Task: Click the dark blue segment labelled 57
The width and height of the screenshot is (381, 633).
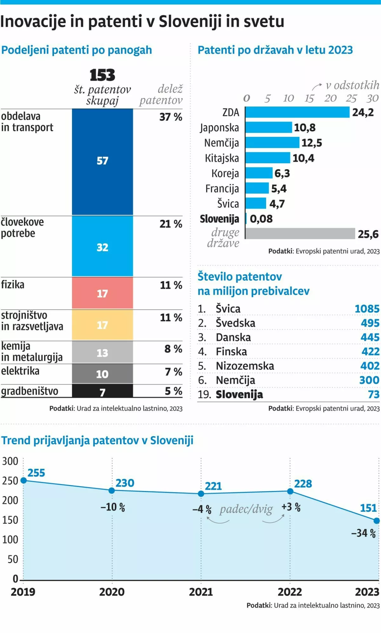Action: [x=102, y=161]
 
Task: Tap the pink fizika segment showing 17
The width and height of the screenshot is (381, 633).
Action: [x=102, y=293]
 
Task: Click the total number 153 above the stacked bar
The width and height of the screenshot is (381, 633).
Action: [x=102, y=75]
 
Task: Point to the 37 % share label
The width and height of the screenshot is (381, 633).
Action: [x=171, y=117]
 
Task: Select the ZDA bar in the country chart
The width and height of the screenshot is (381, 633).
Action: [x=297, y=112]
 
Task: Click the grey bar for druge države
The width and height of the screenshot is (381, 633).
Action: [x=300, y=233]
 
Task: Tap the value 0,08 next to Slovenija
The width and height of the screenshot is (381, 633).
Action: [x=261, y=219]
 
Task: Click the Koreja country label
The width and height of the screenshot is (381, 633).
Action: [x=225, y=173]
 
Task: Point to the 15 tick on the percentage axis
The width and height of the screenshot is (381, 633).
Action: [x=309, y=98]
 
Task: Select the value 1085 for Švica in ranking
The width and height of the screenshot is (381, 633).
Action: [x=367, y=309]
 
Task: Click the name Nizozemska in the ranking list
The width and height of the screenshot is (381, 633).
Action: [x=245, y=366]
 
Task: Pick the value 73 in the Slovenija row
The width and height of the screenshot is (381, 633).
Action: [x=374, y=394]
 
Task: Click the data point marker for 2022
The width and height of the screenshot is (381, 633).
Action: [x=290, y=491]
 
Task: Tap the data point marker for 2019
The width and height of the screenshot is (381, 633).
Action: [x=23, y=480]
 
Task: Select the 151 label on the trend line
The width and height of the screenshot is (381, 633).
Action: [x=368, y=508]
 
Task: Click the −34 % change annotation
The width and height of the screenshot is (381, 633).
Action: [x=363, y=533]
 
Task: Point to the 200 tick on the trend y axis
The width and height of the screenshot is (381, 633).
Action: [x=10, y=501]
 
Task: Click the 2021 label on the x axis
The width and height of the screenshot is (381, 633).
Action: [x=201, y=592]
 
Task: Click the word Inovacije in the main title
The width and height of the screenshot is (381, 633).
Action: [x=33, y=22]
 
